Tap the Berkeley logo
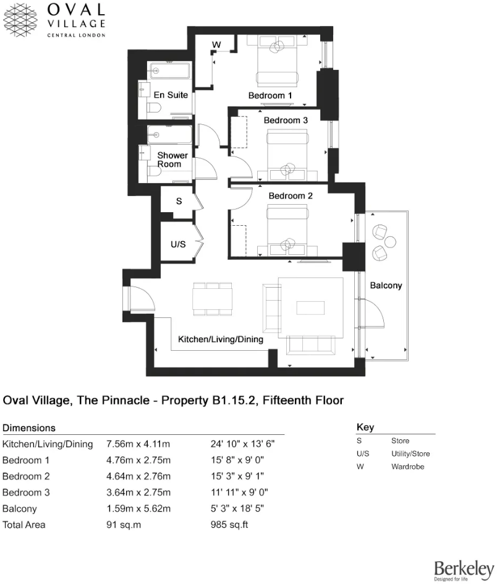click(464, 570)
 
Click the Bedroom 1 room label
click(270, 95)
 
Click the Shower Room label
click(172, 160)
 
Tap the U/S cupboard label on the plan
click(178, 244)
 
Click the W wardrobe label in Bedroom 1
click(216, 45)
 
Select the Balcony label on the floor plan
click(386, 286)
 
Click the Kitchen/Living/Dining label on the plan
click(221, 340)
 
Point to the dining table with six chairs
click(212, 299)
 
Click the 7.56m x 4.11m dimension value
click(138, 444)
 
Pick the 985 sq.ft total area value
click(229, 525)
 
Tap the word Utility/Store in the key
click(410, 454)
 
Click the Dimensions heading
click(29, 427)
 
